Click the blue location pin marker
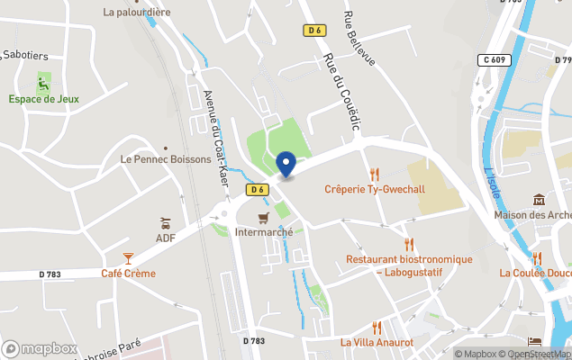click(x=286, y=165)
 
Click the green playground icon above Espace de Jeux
click(x=43, y=82)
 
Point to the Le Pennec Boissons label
click(x=166, y=159)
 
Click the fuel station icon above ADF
click(x=165, y=222)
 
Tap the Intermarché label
click(x=263, y=232)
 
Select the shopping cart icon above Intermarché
click(x=263, y=218)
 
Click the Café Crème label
click(x=128, y=274)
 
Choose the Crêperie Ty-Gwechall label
click(x=374, y=189)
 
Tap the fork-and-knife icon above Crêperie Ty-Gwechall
click(x=374, y=174)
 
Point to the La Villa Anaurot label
click(x=377, y=343)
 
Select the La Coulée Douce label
click(x=535, y=273)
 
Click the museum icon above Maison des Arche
click(x=539, y=199)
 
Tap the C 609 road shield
click(x=495, y=59)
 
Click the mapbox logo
click(x=41, y=348)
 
